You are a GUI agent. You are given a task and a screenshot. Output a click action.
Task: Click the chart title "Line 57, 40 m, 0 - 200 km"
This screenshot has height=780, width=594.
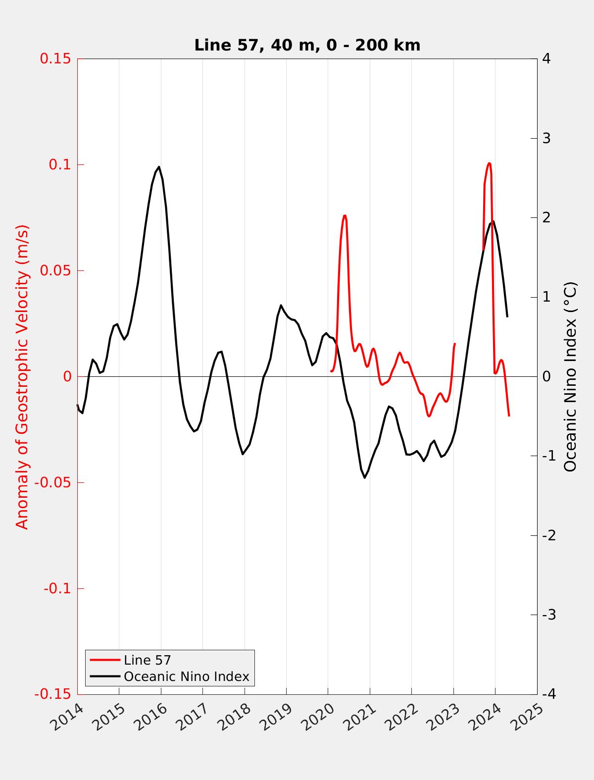tap(307, 45)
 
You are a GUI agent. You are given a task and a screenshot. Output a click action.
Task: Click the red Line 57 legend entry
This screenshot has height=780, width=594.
tap(147, 660)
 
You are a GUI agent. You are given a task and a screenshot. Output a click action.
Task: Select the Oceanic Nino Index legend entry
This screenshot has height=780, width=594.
tap(186, 676)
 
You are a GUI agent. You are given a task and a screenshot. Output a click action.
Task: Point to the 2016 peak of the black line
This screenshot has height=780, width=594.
tap(159, 167)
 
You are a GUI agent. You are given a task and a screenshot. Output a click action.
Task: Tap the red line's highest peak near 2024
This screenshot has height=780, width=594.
tap(489, 163)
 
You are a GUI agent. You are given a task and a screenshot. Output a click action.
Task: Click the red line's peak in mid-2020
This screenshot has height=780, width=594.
tap(345, 215)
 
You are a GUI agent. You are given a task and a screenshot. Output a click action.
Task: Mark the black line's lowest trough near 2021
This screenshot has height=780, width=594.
tap(365, 477)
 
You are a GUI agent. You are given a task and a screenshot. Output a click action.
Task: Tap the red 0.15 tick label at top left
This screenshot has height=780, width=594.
tap(55, 58)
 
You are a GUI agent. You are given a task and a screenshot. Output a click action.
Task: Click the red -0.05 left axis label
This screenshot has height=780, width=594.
tap(51, 483)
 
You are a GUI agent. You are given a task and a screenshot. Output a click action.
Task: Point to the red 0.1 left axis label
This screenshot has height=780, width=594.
tap(59, 164)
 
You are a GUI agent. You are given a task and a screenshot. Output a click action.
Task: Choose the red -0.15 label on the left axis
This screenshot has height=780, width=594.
tap(51, 694)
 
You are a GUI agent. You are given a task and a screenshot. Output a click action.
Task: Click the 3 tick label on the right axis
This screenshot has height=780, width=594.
tap(546, 138)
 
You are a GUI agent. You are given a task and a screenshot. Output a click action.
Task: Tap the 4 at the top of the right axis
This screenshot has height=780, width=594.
tap(546, 58)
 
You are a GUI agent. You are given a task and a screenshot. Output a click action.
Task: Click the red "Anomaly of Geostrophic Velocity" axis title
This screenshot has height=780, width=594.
tap(22, 376)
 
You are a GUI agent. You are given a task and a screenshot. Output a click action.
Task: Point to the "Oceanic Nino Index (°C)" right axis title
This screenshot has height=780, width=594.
tap(570, 376)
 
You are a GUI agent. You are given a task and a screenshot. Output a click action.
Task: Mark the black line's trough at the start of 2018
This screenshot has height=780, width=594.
tap(243, 454)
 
